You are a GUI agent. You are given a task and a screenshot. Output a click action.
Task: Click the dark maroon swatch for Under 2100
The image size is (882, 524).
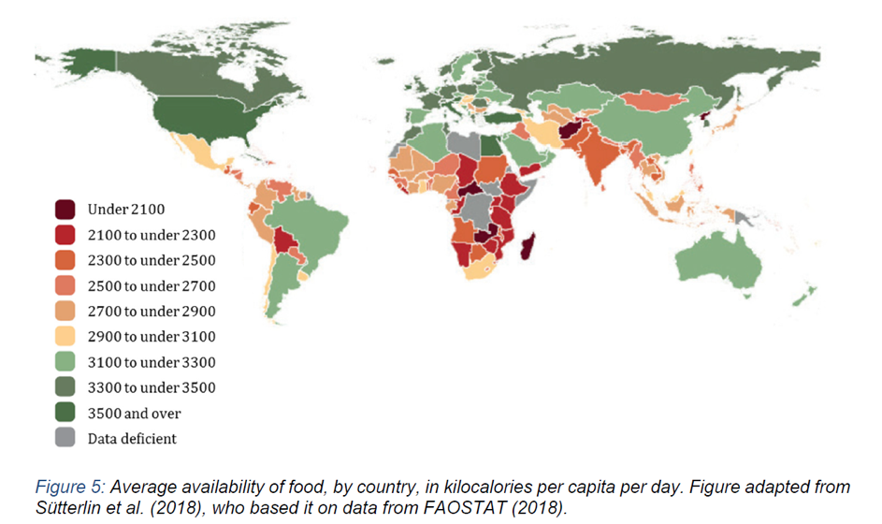[x=66, y=208]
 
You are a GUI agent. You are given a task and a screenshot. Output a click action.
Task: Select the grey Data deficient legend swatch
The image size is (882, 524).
[x=66, y=438]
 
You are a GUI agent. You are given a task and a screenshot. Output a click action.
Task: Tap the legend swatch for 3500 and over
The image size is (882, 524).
[x=66, y=413]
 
